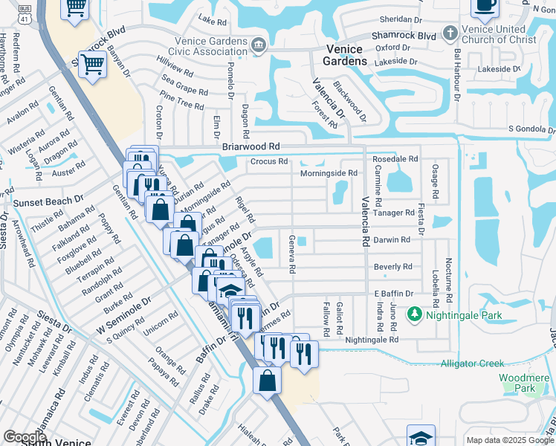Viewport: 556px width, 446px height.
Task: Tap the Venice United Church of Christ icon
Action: pyautogui.click(x=449, y=33)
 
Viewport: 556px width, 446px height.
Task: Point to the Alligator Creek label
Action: pyautogui.click(x=472, y=363)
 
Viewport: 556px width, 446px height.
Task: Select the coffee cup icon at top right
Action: pyautogui.click(x=485, y=7)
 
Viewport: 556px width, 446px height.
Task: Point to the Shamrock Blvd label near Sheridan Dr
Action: pyautogui.click(x=407, y=35)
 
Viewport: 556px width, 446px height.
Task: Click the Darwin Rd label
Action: pyautogui.click(x=392, y=240)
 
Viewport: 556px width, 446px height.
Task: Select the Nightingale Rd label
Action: pyautogui.click(x=373, y=339)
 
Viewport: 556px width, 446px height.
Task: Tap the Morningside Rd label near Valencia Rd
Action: pyautogui.click(x=329, y=173)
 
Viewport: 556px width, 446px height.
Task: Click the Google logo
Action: pyautogui.click(x=25, y=437)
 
